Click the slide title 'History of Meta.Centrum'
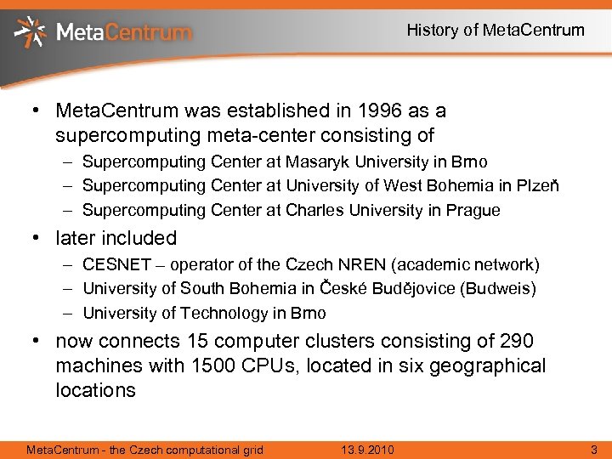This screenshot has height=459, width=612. click(x=496, y=31)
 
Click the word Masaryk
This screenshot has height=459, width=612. click(x=316, y=161)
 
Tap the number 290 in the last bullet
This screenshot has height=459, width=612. click(x=517, y=342)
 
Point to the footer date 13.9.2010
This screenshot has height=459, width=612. click(x=366, y=449)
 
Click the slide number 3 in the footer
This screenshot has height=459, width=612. click(x=594, y=449)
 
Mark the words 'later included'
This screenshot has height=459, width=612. click(x=116, y=238)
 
